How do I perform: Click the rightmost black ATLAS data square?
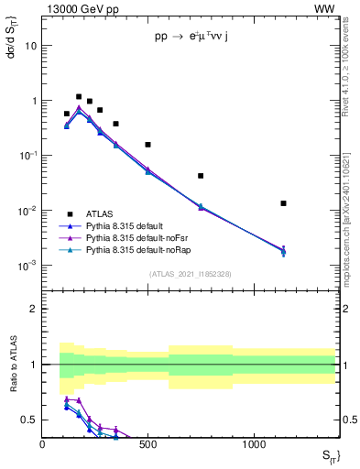[284, 203]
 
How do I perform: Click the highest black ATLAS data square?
[79, 96]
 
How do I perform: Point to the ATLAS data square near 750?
[201, 176]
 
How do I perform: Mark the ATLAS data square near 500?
[147, 145]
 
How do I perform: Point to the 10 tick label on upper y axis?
[31, 45]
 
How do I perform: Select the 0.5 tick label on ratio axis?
[28, 420]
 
